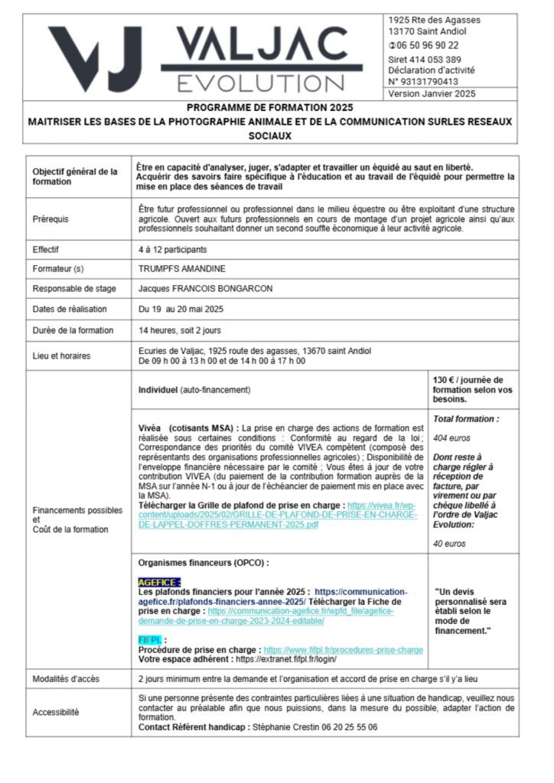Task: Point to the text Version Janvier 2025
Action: point(432,93)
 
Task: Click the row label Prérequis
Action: point(51,219)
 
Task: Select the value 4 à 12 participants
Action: point(172,249)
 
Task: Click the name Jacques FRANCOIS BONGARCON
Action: point(205,289)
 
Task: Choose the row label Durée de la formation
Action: point(73,331)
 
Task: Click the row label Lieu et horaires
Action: point(62,356)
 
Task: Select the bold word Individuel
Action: point(158,390)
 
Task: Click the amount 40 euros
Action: point(450,544)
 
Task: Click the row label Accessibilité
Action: point(56,712)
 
